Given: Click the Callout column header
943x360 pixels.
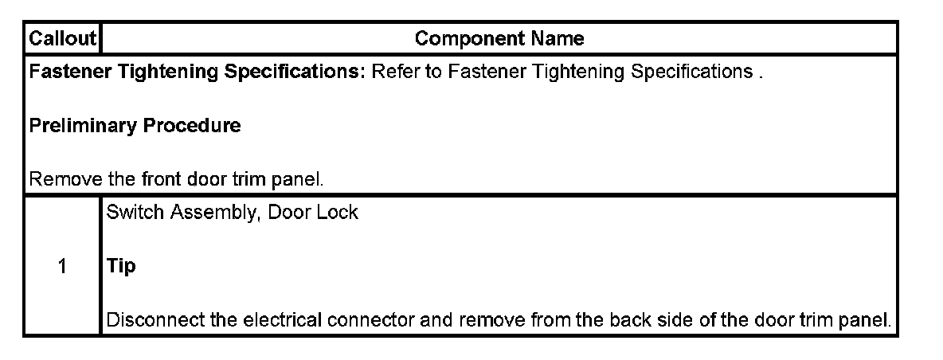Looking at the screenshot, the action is tap(62, 38).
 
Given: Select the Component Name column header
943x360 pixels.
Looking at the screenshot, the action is tap(499, 38).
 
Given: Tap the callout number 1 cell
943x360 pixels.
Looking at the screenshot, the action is tap(62, 267).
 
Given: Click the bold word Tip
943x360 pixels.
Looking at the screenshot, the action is tap(121, 267).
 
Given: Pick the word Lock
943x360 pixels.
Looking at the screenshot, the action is tap(340, 213).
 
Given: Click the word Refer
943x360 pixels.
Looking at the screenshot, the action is tap(393, 72).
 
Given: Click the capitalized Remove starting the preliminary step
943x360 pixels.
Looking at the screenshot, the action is tap(55, 179).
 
